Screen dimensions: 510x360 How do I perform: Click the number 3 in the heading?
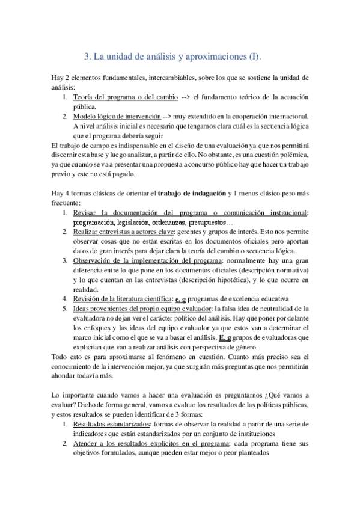[x=86, y=57]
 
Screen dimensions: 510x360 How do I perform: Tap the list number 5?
[x=66, y=309]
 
